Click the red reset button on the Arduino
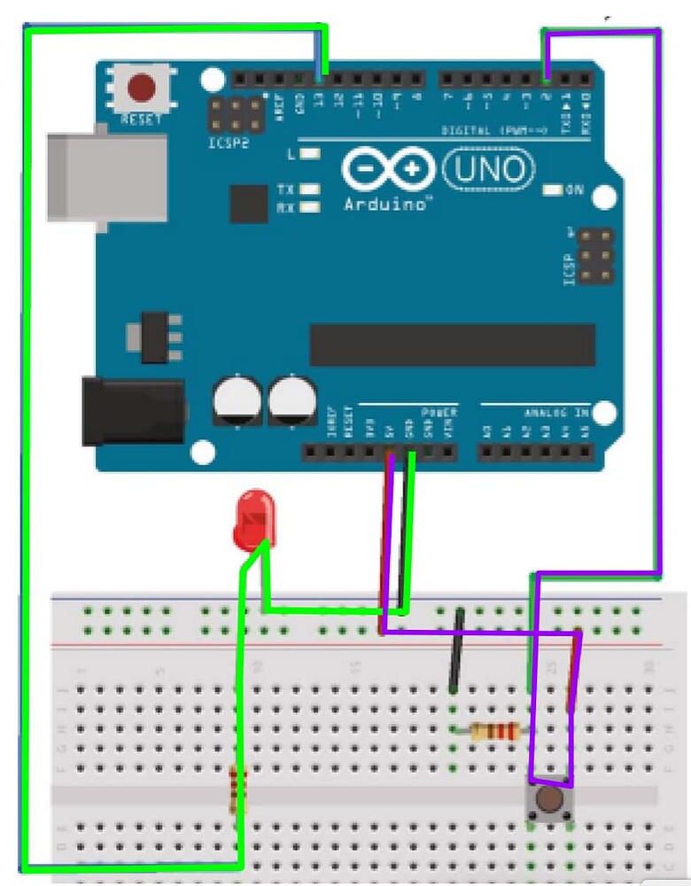click(x=141, y=89)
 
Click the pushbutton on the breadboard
click(x=549, y=801)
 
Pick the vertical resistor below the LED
click(x=236, y=789)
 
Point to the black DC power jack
click(x=133, y=411)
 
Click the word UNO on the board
click(x=489, y=168)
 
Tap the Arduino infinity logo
click(x=391, y=169)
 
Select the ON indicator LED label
click(x=574, y=190)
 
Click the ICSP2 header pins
click(x=237, y=113)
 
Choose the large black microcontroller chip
click(x=452, y=345)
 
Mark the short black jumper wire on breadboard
click(x=456, y=649)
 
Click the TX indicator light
click(x=309, y=190)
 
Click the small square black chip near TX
click(x=248, y=203)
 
